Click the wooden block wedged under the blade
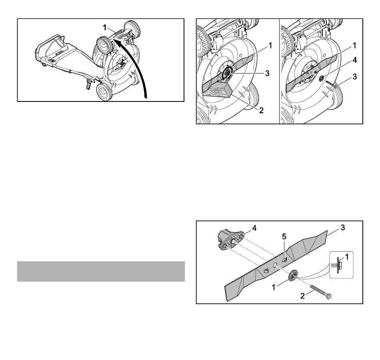click(x=216, y=90)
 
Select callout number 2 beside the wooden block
click(x=261, y=110)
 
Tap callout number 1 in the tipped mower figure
click(x=104, y=28)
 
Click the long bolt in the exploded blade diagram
click(x=321, y=292)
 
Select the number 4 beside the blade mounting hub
click(x=254, y=228)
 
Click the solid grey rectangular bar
click(x=101, y=271)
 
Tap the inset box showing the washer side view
click(x=341, y=265)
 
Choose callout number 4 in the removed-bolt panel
click(x=354, y=60)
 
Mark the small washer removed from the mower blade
click(x=322, y=78)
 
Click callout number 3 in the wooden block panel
click(x=267, y=74)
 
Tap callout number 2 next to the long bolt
click(x=302, y=296)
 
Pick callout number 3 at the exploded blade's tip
click(x=342, y=228)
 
